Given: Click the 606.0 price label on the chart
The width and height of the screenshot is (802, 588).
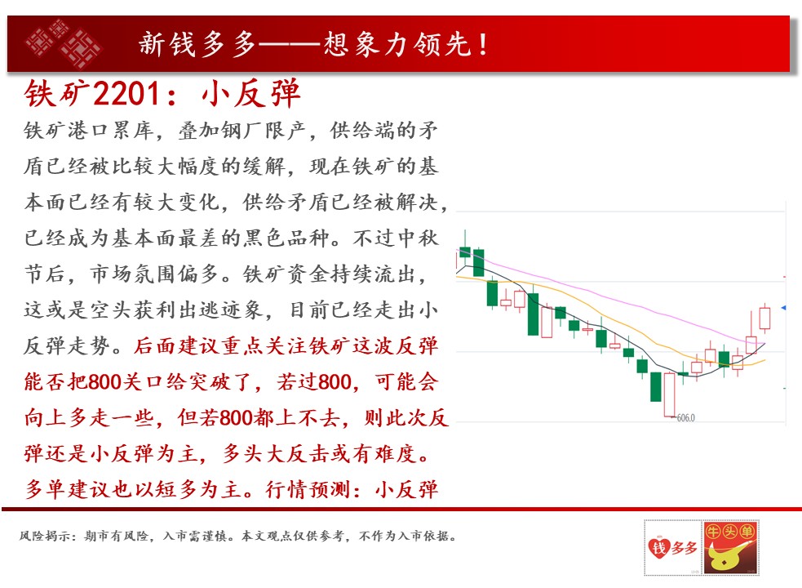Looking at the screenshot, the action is point(686,418).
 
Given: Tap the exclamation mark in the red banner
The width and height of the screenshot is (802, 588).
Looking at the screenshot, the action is point(483,44).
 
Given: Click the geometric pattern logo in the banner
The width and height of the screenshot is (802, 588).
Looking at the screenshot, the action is point(64,44).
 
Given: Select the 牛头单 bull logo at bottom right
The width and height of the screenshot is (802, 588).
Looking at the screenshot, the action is point(730,547).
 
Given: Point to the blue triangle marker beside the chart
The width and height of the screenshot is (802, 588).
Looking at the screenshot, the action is point(783,307).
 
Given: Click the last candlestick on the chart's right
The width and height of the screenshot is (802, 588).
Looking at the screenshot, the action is point(764,318).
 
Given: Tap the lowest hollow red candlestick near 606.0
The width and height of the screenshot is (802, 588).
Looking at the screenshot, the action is point(669,394).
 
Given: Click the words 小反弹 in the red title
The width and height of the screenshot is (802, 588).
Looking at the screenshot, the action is point(250,93).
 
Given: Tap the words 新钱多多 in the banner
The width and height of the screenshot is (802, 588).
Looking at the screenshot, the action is point(197,44).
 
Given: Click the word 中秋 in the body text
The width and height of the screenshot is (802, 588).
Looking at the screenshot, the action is point(418,238).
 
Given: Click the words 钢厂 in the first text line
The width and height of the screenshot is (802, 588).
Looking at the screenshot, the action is point(242,131).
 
